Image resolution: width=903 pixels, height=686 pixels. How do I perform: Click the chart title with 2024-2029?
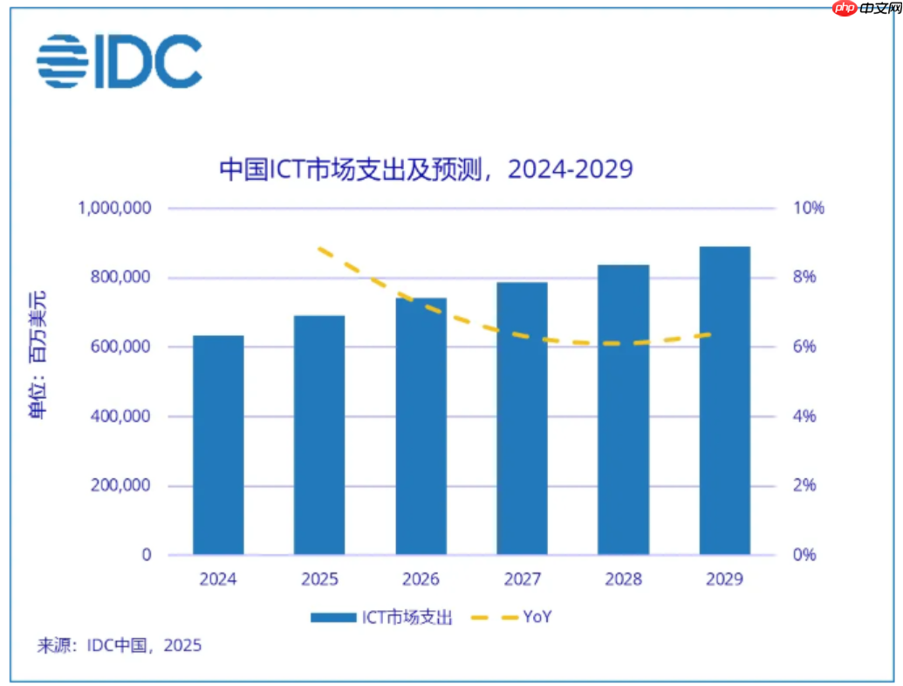tap(425, 168)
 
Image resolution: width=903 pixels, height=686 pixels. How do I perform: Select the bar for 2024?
tap(218, 445)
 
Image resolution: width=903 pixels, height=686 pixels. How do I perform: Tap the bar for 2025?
tap(319, 435)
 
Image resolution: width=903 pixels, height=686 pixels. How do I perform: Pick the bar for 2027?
tap(522, 419)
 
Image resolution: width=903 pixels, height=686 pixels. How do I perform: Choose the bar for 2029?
tap(724, 401)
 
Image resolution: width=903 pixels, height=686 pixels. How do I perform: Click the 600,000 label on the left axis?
tap(120, 347)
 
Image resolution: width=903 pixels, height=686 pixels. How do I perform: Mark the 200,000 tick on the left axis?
tap(120, 486)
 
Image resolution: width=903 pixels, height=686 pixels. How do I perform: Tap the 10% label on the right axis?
tap(808, 209)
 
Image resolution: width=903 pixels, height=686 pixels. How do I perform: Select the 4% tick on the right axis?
tap(804, 416)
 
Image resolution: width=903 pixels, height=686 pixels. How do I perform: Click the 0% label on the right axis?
tap(804, 555)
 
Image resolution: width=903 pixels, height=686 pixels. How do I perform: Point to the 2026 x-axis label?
tap(421, 580)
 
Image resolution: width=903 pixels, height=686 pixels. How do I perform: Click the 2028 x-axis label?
tap(623, 580)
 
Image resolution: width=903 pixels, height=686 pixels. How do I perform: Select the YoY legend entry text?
tap(537, 618)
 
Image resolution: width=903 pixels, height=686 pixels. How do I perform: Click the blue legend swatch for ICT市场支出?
tap(333, 618)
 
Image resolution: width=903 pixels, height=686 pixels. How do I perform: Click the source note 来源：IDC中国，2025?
tap(119, 647)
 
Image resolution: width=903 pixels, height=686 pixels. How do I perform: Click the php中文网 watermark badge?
tap(863, 10)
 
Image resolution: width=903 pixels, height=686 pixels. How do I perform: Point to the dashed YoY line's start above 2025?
tap(320, 250)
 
